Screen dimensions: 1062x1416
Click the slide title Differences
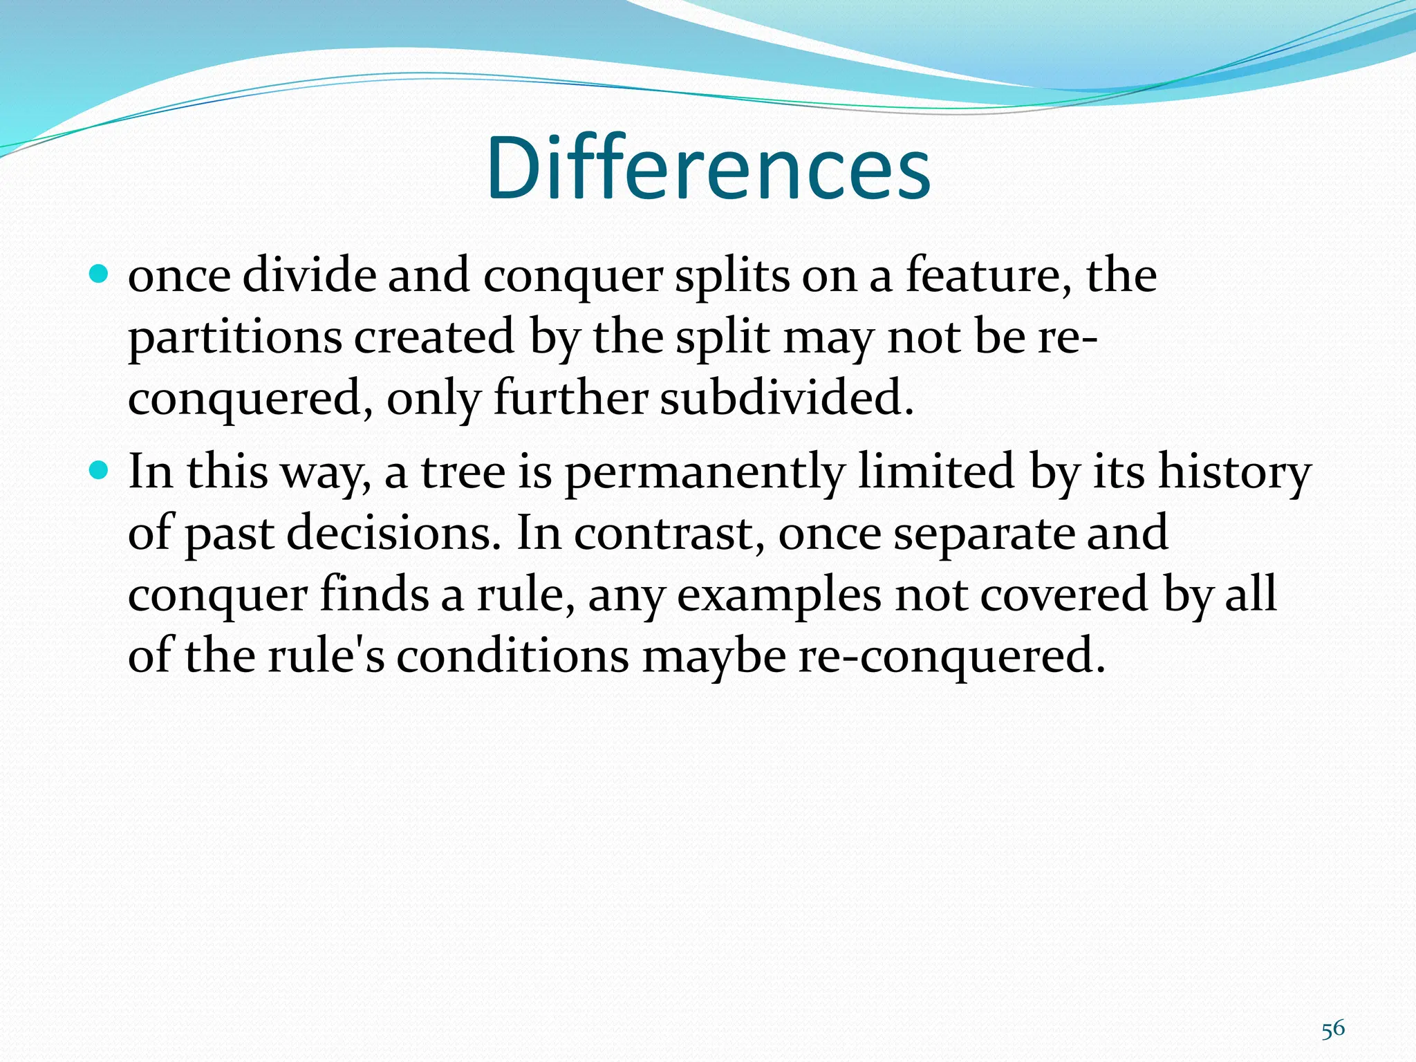pos(708,168)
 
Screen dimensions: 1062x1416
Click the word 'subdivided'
pos(786,399)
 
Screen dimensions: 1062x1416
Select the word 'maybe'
pos(714,656)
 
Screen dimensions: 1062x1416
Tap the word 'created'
pos(434,337)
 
